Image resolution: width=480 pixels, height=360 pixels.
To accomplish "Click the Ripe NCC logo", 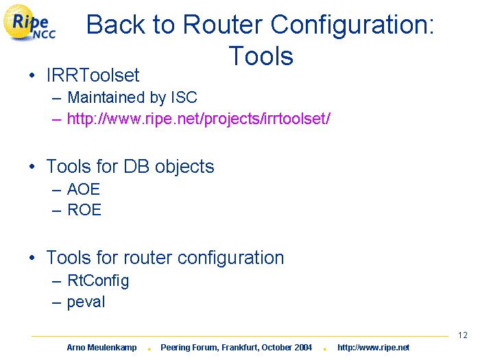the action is [29, 23].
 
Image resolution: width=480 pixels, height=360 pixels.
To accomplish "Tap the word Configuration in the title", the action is [352, 26].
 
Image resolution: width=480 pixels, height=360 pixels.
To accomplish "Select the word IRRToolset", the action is [93, 75].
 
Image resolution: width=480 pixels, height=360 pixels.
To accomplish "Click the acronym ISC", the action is [184, 97].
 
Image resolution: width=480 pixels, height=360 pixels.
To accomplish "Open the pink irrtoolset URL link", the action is [199, 119].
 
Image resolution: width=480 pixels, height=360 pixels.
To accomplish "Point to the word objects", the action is [184, 167].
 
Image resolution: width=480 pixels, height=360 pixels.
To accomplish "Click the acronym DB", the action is [136, 166].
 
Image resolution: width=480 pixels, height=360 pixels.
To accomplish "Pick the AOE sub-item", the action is [84, 189].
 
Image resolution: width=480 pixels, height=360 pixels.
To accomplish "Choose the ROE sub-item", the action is [84, 210].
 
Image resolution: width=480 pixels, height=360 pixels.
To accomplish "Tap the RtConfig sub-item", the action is [98, 280].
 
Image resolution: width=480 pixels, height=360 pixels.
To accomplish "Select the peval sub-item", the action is [86, 302].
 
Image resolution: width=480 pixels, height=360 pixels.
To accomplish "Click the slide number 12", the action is [463, 335].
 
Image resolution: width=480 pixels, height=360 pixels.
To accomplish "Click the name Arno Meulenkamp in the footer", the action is [101, 348].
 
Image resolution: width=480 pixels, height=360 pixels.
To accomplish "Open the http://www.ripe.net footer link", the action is [374, 348].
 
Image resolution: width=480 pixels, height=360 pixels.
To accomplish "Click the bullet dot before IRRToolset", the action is [32, 75].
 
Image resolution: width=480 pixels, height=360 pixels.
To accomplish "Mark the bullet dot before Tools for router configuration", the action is [32, 258].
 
